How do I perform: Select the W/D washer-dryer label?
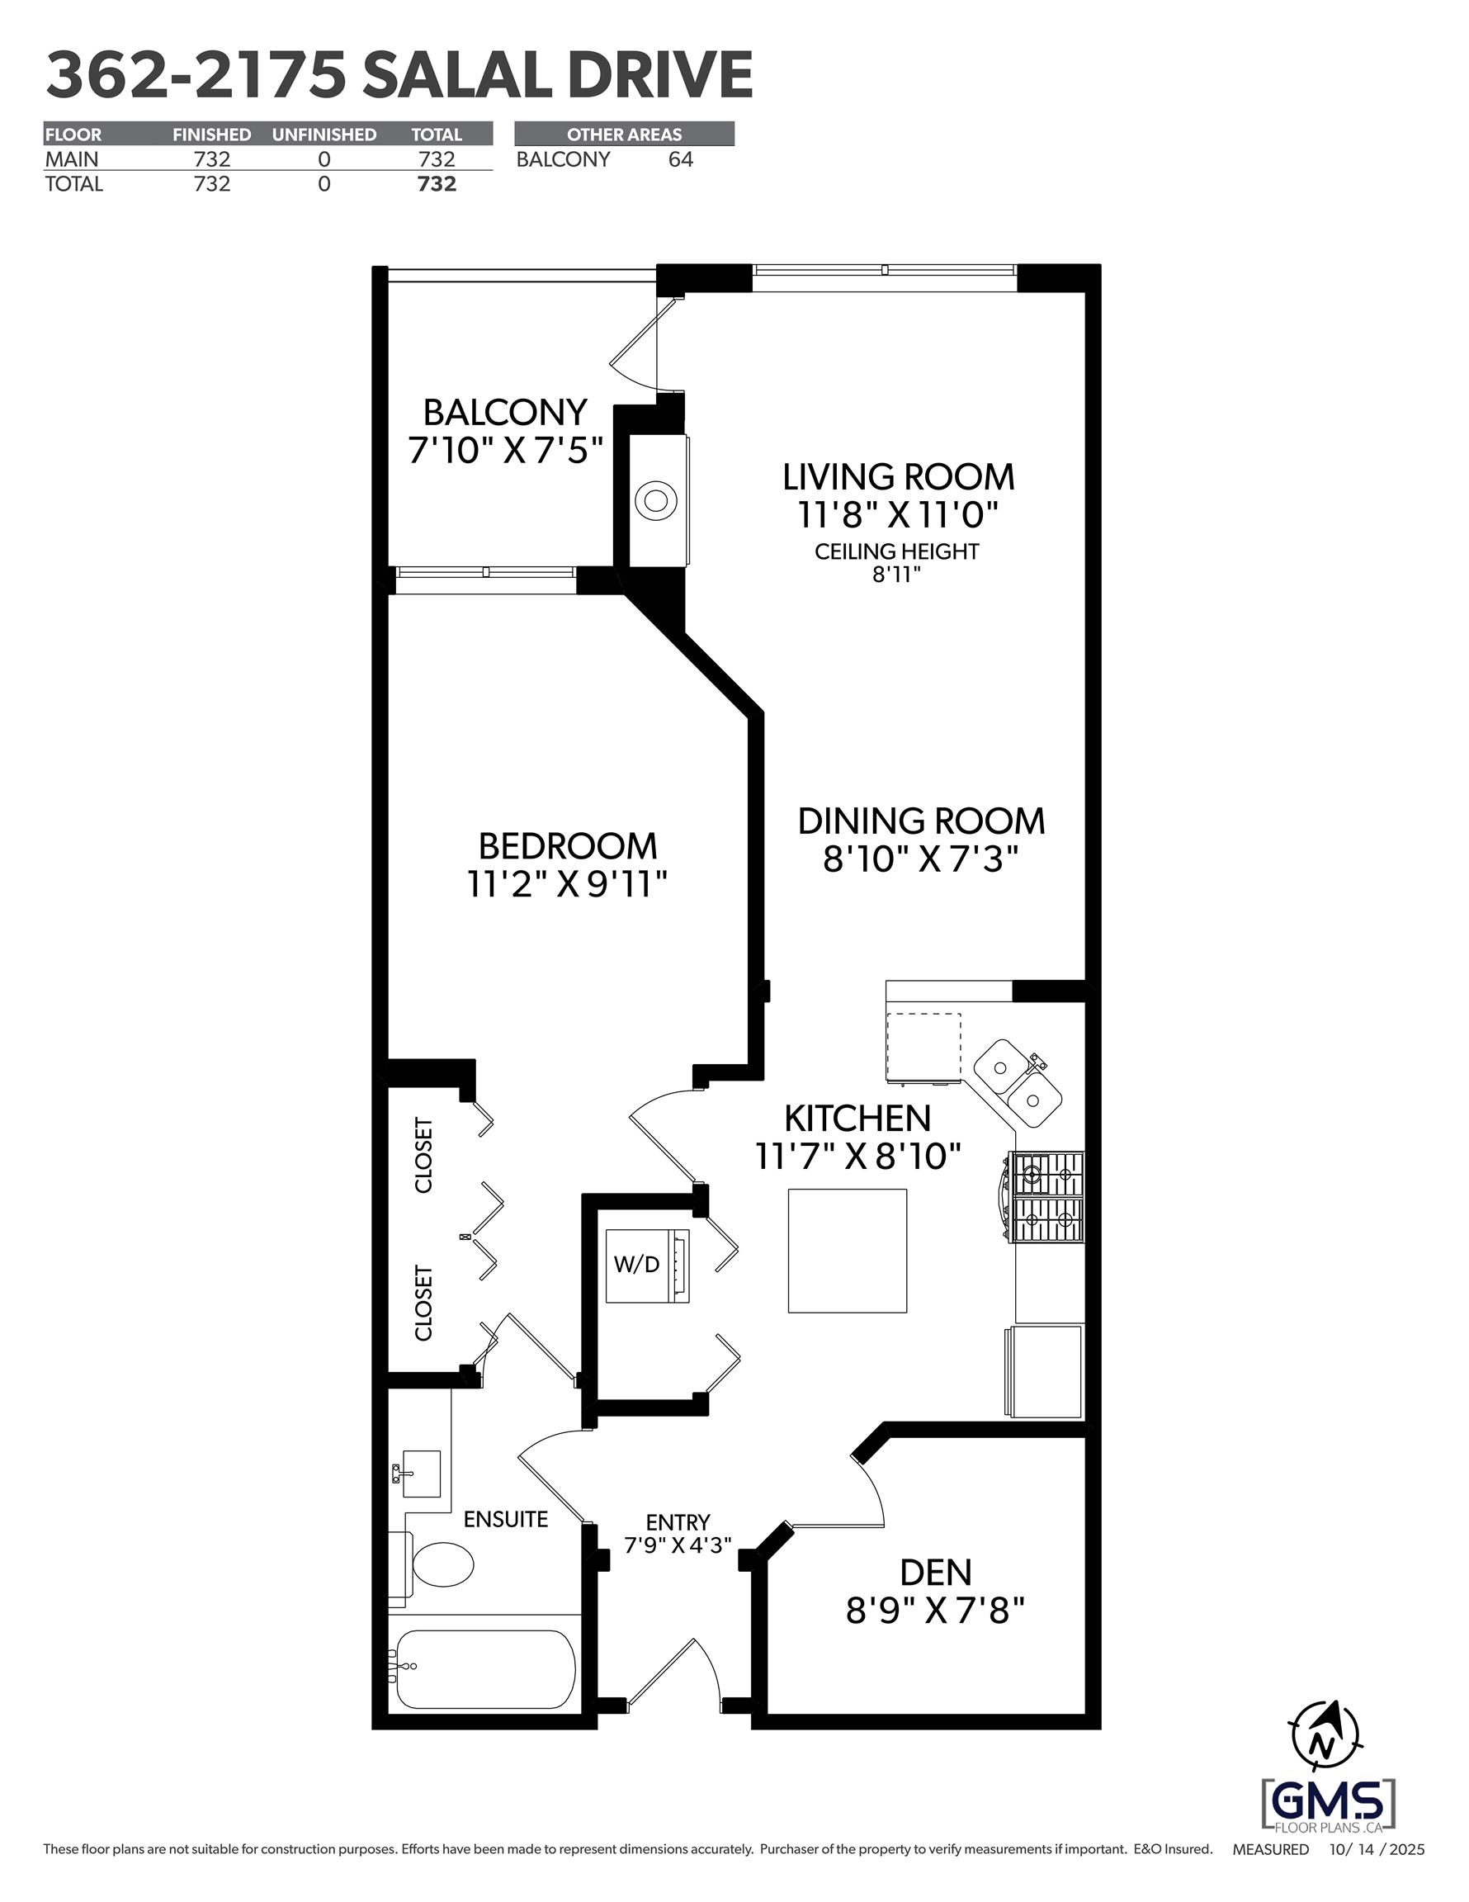click(x=636, y=1265)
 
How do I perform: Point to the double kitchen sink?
click(x=1017, y=1083)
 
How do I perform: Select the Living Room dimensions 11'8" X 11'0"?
click(x=898, y=516)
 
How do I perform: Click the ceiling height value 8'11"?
click(x=897, y=574)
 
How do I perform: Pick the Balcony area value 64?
click(x=681, y=159)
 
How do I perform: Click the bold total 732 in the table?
click(x=437, y=184)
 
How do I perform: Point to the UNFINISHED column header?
click(x=324, y=134)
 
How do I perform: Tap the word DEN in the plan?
click(x=935, y=1572)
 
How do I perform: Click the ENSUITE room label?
click(x=506, y=1519)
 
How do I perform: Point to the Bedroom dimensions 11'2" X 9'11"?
click(x=568, y=885)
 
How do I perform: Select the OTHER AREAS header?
click(x=625, y=134)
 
